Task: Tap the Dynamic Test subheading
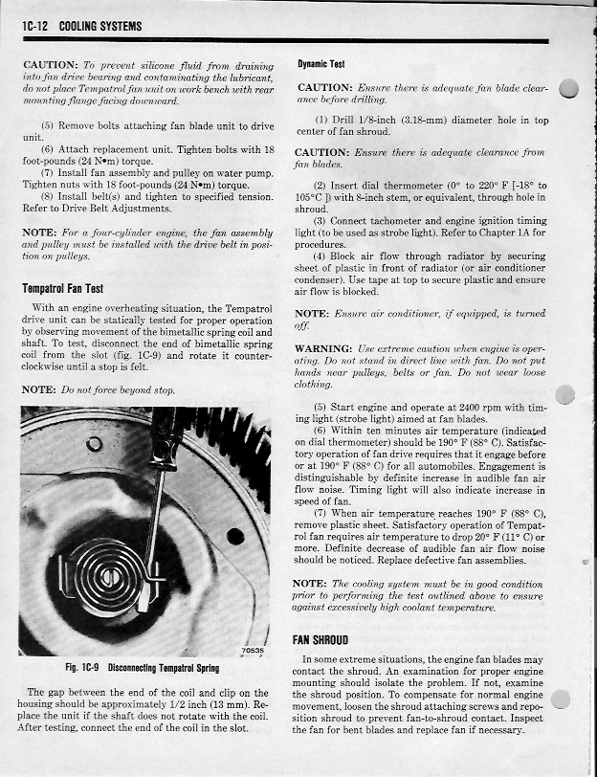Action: coord(321,64)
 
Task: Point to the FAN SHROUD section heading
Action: coord(321,639)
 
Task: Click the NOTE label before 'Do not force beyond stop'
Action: coord(38,390)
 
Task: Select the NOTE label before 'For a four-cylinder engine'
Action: coord(38,232)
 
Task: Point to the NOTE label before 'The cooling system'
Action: coord(309,583)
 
